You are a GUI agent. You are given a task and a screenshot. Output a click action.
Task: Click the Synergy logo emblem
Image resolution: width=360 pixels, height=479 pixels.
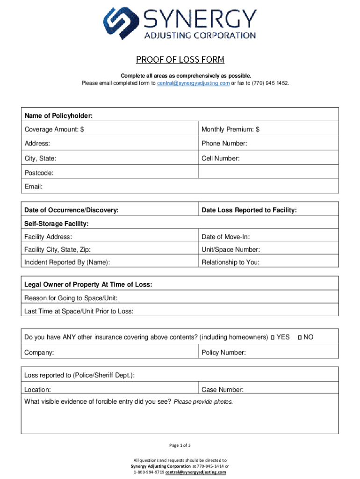(x=121, y=23)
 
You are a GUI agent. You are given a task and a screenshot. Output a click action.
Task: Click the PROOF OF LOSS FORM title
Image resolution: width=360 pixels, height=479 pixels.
(x=180, y=60)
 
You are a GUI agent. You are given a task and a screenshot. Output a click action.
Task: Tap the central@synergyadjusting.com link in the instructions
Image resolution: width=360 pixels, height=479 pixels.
(x=193, y=83)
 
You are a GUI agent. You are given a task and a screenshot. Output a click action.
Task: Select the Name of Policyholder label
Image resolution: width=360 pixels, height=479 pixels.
(x=58, y=116)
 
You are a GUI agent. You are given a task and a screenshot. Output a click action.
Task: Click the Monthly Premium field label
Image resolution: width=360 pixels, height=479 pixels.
(x=230, y=130)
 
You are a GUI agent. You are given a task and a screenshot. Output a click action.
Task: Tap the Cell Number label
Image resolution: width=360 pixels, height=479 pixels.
(x=221, y=159)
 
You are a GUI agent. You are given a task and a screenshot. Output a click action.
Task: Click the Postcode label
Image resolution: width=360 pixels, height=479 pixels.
(x=39, y=173)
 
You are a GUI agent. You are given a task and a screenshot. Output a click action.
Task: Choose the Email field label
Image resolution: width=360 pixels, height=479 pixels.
(x=34, y=187)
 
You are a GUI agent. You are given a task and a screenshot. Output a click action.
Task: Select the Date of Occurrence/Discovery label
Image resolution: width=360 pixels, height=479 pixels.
(x=71, y=210)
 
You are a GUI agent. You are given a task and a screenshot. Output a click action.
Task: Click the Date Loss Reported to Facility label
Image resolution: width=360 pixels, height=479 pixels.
(x=249, y=210)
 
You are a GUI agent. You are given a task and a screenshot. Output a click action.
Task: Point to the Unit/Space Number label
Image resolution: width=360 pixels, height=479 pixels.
(x=230, y=250)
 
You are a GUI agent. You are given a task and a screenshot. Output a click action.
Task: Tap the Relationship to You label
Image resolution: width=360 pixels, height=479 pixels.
(x=230, y=262)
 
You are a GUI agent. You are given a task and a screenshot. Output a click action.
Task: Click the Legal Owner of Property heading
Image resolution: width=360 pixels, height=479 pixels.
(x=88, y=285)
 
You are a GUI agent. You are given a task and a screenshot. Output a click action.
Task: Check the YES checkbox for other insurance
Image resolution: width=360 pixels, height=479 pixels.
(x=273, y=337)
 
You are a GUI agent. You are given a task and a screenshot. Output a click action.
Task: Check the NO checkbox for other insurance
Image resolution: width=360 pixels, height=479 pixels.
(x=300, y=337)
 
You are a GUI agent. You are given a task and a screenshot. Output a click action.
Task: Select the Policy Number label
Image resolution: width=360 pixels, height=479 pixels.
(x=223, y=352)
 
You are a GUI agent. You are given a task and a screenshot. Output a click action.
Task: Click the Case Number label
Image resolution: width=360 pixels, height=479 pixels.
(x=223, y=390)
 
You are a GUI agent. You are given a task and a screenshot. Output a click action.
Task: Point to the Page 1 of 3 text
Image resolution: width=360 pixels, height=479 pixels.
(x=180, y=444)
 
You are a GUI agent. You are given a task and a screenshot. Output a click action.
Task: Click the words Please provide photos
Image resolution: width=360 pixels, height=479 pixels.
(x=203, y=402)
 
